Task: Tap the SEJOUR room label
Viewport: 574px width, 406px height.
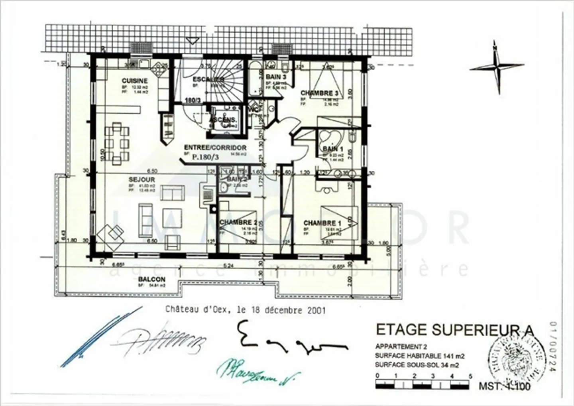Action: (136, 180)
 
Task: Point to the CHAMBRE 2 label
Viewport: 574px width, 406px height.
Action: (238, 223)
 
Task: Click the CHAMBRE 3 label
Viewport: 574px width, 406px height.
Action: (319, 93)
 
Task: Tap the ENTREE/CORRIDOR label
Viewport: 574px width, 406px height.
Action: (215, 148)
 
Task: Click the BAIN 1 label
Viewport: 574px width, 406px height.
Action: (330, 149)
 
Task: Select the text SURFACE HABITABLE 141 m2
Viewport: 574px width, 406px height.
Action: (420, 356)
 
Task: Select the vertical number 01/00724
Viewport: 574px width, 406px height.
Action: (552, 347)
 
